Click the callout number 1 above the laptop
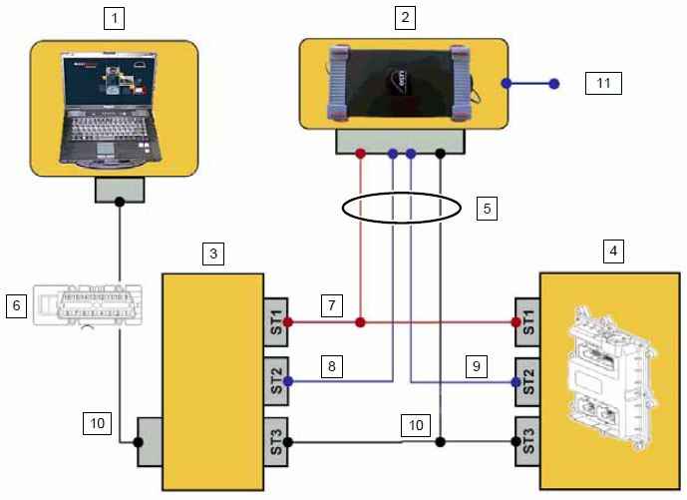tap(117, 19)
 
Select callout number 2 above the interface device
tap(403, 17)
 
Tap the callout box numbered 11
tap(602, 84)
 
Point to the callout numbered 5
tap(487, 210)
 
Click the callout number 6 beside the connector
tap(17, 305)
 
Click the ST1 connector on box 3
tap(275, 322)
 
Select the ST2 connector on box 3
tap(275, 380)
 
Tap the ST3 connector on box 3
tap(275, 441)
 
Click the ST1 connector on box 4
tap(527, 322)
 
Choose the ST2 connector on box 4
tap(527, 380)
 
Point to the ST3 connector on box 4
tap(527, 441)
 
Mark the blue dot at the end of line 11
tap(557, 84)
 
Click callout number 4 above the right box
tap(615, 250)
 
